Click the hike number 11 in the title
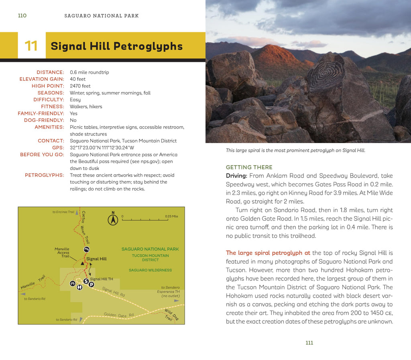pyautogui.click(x=31, y=46)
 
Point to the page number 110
pyautogui.click(x=22, y=16)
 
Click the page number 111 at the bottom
pyautogui.click(x=309, y=343)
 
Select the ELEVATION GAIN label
pyautogui.click(x=42, y=79)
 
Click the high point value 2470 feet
pyautogui.click(x=80, y=86)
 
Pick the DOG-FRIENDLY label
pyautogui.click(x=44, y=120)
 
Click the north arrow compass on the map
pyautogui.click(x=113, y=219)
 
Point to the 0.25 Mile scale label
pyautogui.click(x=171, y=217)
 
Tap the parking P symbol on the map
pyautogui.click(x=92, y=284)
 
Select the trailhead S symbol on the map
pyautogui.click(x=86, y=281)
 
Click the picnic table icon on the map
pyautogui.click(x=73, y=283)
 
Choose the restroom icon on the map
pyautogui.click(x=79, y=287)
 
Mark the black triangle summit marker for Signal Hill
pyautogui.click(x=83, y=263)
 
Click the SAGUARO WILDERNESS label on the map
pyautogui.click(x=150, y=270)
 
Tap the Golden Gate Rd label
pyautogui.click(x=118, y=315)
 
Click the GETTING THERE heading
pyautogui.click(x=249, y=167)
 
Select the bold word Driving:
pyautogui.click(x=236, y=176)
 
